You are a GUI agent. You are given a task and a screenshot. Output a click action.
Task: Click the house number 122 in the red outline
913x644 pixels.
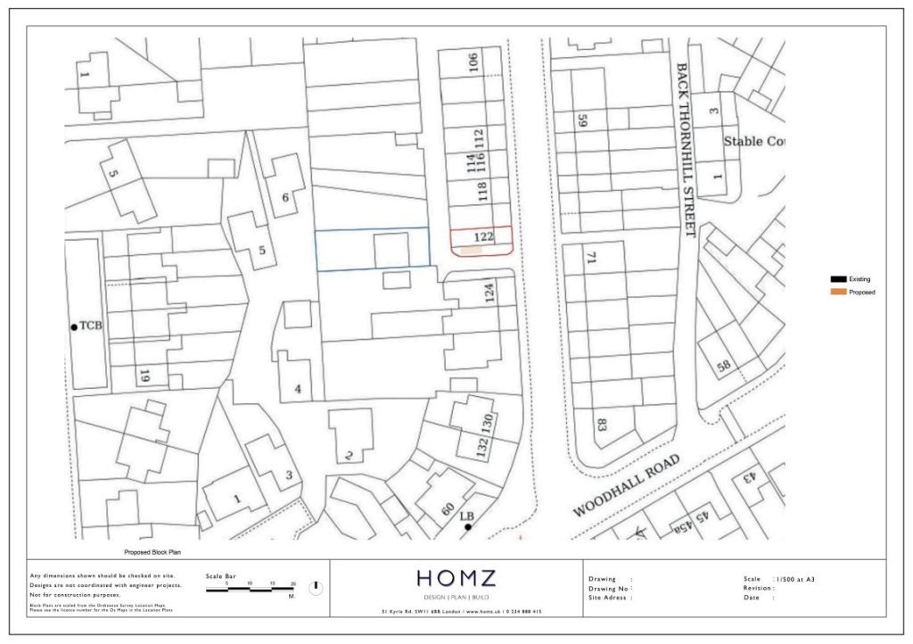(484, 237)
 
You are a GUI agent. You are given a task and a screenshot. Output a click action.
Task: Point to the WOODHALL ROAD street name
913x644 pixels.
(626, 485)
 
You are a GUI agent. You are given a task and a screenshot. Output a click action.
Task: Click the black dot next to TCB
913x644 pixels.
(74, 327)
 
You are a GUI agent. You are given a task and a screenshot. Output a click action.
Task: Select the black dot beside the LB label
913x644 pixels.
(467, 528)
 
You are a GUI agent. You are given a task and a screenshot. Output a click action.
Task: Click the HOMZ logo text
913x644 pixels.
(456, 579)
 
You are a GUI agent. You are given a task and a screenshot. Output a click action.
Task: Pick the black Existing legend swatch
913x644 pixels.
(838, 279)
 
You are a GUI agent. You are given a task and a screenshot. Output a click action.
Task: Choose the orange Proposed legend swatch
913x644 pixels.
(838, 292)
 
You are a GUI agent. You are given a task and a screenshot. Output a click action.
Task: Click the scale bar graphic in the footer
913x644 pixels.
(251, 590)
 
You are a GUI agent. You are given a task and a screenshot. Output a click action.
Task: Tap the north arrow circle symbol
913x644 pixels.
(316, 588)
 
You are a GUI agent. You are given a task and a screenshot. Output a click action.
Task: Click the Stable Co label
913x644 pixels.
(753, 141)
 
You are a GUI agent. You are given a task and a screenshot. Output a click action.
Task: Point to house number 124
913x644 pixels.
(488, 293)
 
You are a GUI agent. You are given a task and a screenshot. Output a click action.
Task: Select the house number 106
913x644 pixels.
(473, 62)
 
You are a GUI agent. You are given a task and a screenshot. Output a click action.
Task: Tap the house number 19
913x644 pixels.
(144, 376)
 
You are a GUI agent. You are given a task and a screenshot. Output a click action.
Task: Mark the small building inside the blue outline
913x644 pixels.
(391, 250)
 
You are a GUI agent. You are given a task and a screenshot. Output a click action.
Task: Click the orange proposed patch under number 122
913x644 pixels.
(470, 252)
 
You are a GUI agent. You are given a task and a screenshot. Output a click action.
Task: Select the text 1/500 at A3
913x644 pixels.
(795, 579)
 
